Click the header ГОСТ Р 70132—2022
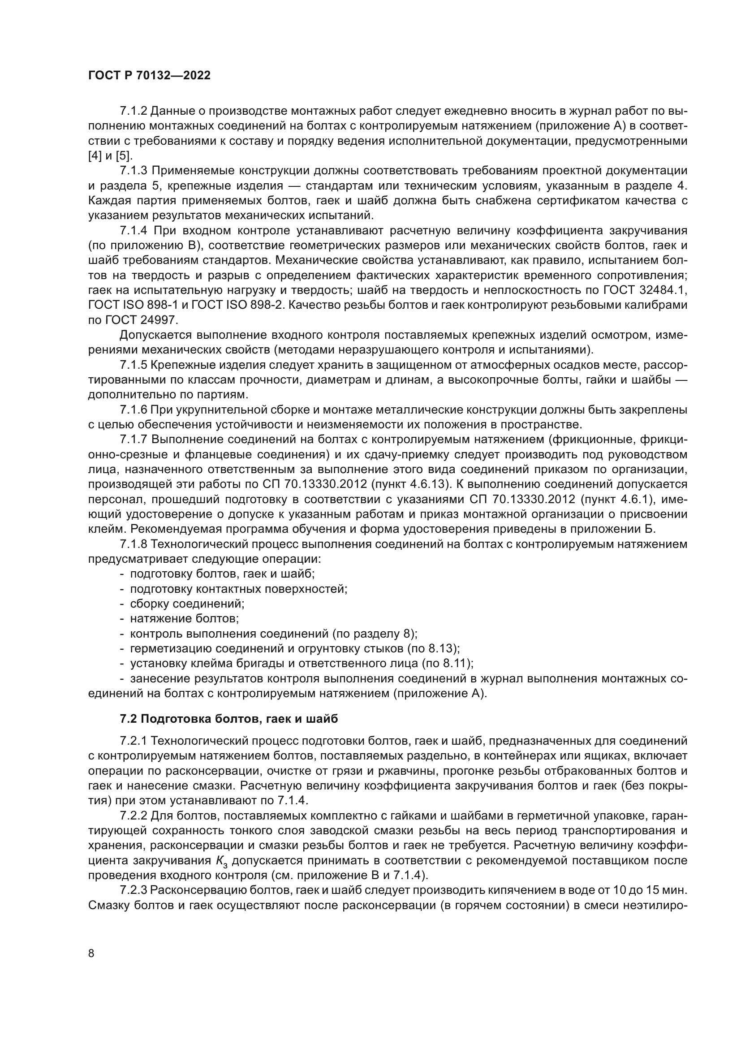coord(149,76)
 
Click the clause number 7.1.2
coord(133,111)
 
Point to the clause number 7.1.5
coord(133,365)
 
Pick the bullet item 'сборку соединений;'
coord(187,604)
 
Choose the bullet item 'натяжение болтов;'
coord(184,618)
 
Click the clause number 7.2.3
coord(133,891)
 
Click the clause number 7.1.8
coord(133,544)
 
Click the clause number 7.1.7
coord(133,440)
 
